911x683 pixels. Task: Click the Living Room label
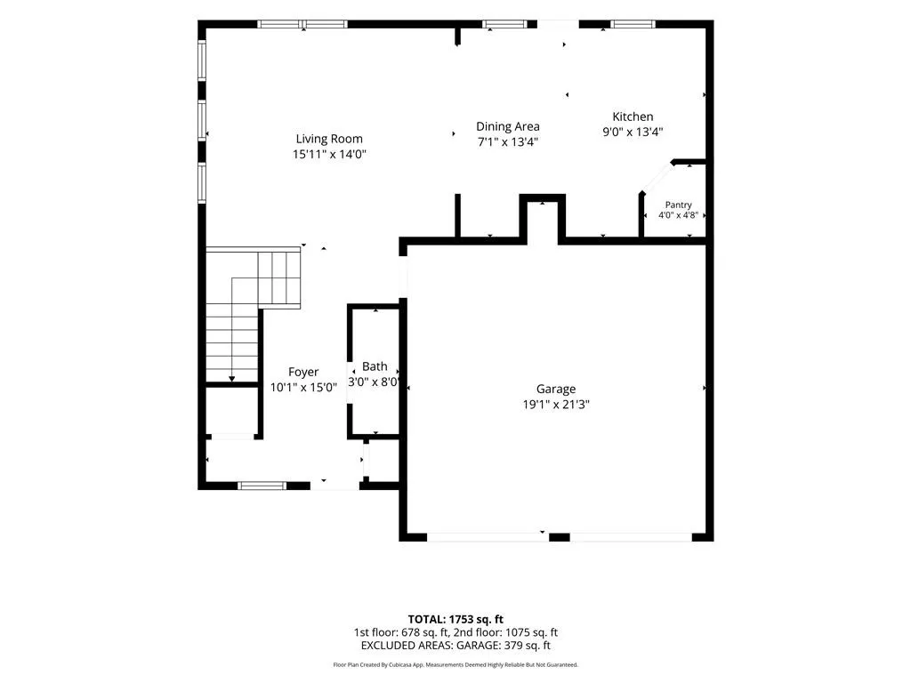pyautogui.click(x=329, y=139)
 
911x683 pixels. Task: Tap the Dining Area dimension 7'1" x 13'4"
pyautogui.click(x=508, y=141)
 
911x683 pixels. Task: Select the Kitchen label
pyautogui.click(x=633, y=117)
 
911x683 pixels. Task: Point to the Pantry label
pyautogui.click(x=678, y=205)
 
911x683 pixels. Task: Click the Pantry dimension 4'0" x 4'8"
pyautogui.click(x=678, y=215)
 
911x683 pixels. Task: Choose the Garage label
pyautogui.click(x=556, y=390)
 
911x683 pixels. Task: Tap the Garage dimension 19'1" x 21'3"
pyautogui.click(x=556, y=405)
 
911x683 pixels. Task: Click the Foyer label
pyautogui.click(x=303, y=373)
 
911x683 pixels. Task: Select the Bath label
pyautogui.click(x=375, y=366)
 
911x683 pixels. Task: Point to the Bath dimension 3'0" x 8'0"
pyautogui.click(x=374, y=382)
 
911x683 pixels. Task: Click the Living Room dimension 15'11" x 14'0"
pyautogui.click(x=329, y=154)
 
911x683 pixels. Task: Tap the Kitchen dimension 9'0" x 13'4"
pyautogui.click(x=633, y=132)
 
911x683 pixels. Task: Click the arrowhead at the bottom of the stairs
pyautogui.click(x=232, y=379)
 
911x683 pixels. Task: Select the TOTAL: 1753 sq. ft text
pyautogui.click(x=455, y=619)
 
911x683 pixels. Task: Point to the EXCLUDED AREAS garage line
pyautogui.click(x=455, y=646)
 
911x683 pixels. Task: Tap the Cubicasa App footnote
pyautogui.click(x=455, y=664)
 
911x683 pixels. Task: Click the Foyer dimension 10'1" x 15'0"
pyautogui.click(x=303, y=388)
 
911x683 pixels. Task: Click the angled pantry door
pyautogui.click(x=657, y=177)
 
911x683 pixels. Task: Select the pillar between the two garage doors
pyautogui.click(x=560, y=537)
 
